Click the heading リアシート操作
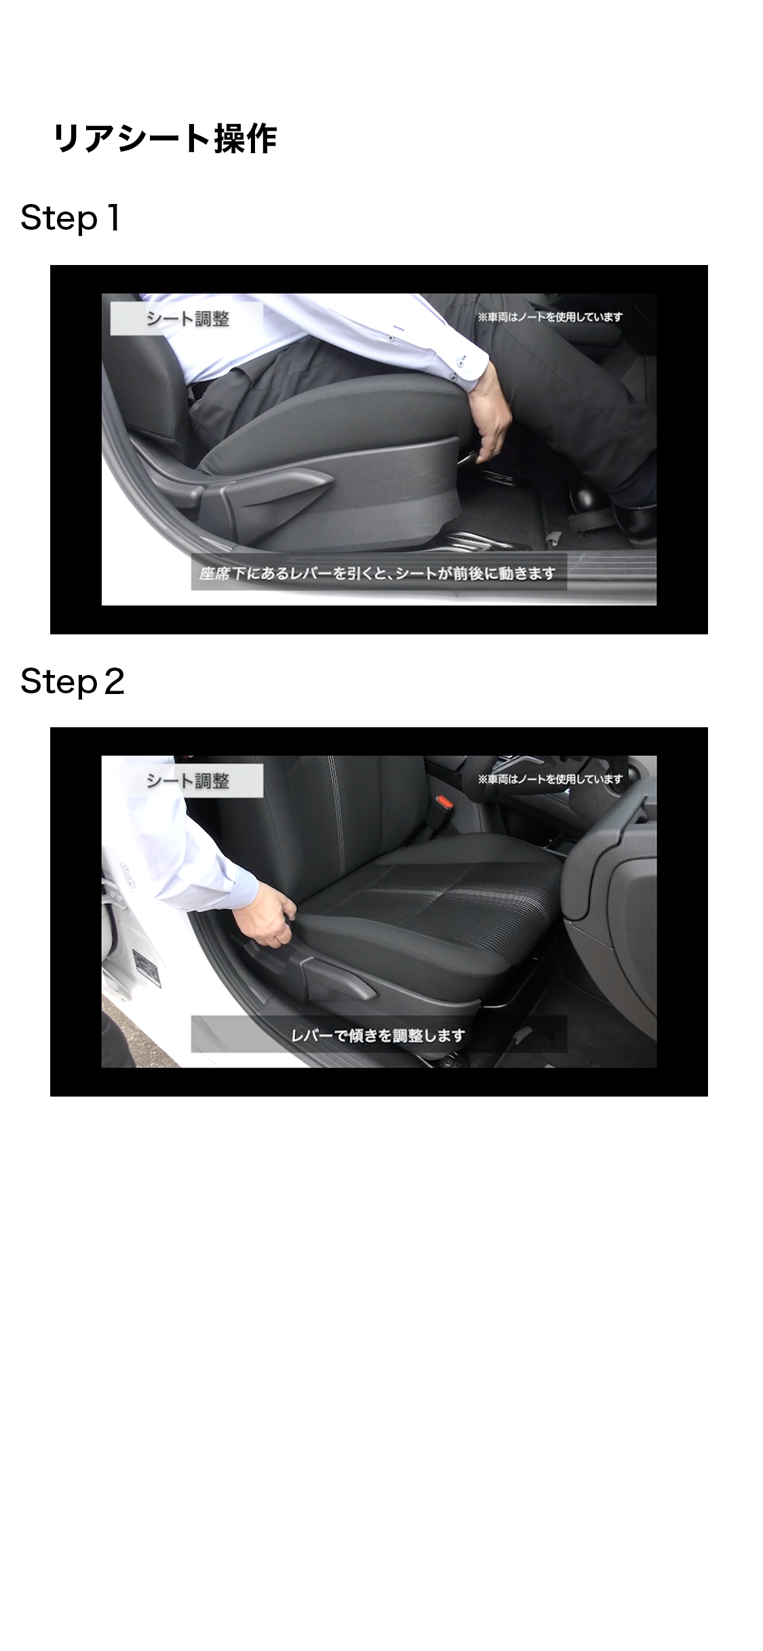165,139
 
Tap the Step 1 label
71,218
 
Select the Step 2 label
73,681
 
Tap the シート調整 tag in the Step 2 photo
187,781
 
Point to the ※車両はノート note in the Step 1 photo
550,317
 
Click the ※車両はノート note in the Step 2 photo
550,779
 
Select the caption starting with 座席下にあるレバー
378,573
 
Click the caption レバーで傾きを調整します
378,1036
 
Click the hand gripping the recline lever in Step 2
275,920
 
